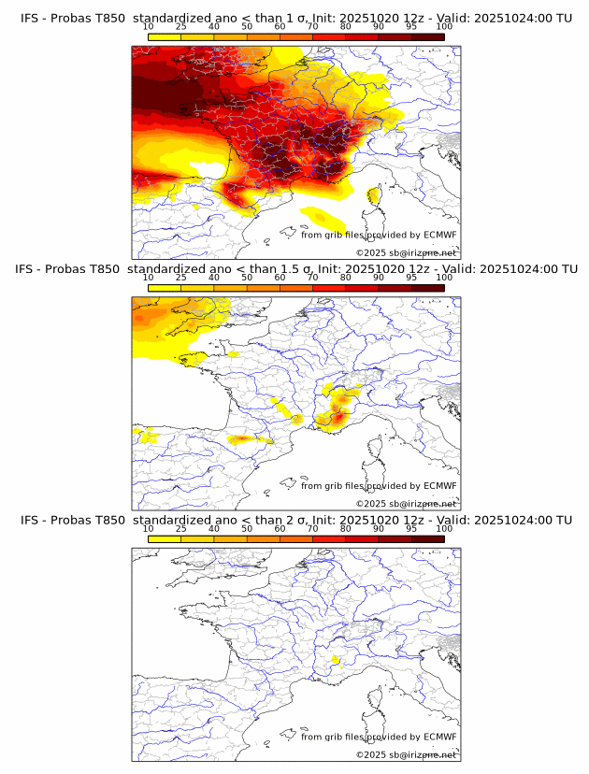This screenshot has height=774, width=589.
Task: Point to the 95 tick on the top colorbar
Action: tap(411, 27)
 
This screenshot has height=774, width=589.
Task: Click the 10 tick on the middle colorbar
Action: tap(149, 278)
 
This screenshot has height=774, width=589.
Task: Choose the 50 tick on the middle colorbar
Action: tap(247, 278)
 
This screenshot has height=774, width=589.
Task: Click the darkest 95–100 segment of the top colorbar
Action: tap(427, 37)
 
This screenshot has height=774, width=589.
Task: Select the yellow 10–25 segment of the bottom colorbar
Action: tap(165, 538)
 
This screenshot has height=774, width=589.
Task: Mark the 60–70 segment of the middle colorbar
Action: tap(296, 288)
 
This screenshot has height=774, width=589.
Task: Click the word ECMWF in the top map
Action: tap(439, 235)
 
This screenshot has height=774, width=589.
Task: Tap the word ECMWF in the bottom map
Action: tap(439, 737)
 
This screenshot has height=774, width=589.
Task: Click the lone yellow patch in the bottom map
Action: tap(334, 660)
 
